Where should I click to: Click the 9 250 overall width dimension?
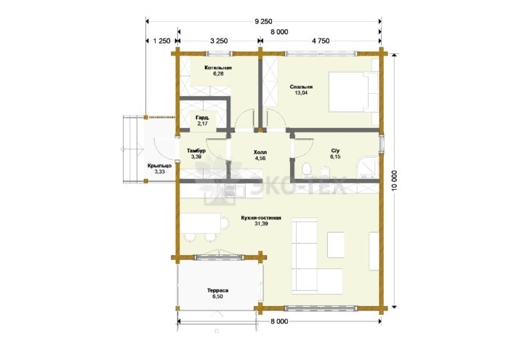point(263,22)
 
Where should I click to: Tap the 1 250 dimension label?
point(161,41)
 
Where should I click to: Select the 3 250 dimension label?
point(219,41)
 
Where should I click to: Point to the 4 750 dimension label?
point(321,41)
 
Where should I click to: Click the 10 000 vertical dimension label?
point(394,181)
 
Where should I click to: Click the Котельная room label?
point(218,68)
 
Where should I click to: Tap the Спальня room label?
point(301,87)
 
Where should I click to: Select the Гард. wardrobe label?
point(202,118)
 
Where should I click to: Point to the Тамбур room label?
point(196,151)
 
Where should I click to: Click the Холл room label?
point(260,152)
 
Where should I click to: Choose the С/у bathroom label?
point(335,151)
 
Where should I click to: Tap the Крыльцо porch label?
point(160,167)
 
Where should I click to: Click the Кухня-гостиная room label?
point(261,218)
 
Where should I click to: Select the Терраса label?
point(218,291)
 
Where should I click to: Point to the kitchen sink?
point(231,191)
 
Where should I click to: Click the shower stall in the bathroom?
point(367,168)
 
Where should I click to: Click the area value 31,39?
point(261,224)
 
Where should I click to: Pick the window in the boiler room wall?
point(220,54)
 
